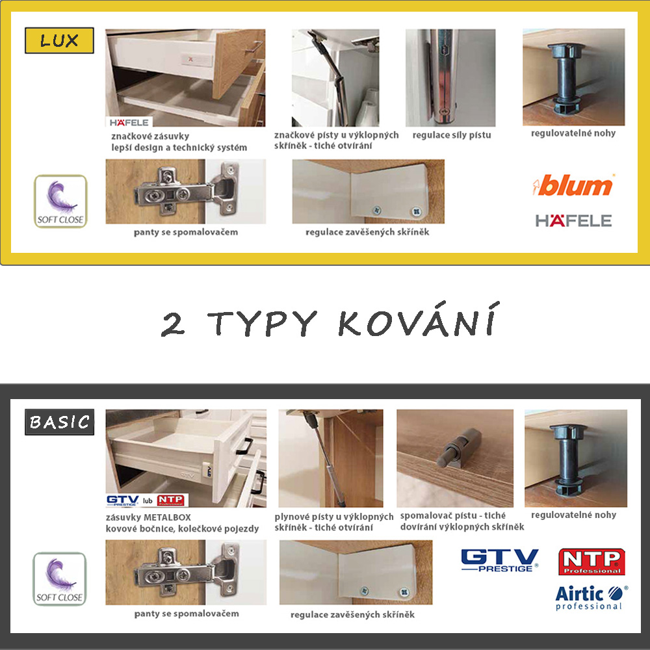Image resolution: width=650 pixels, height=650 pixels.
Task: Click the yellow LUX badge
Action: [x=59, y=41]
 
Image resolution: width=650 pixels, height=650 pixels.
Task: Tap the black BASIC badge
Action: [x=60, y=423]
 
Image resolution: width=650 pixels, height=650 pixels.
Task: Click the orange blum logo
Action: [x=573, y=186]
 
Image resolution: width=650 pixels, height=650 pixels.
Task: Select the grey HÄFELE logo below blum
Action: [x=573, y=221]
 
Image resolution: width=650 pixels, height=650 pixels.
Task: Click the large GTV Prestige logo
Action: [x=499, y=560]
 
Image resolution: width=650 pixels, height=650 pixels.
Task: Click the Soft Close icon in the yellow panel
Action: [x=60, y=201]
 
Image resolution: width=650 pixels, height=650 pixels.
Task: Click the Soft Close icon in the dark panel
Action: [x=59, y=578]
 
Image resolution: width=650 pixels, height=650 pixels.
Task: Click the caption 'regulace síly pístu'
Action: [x=451, y=135]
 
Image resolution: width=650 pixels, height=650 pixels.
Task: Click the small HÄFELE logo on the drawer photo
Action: [x=129, y=122]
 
